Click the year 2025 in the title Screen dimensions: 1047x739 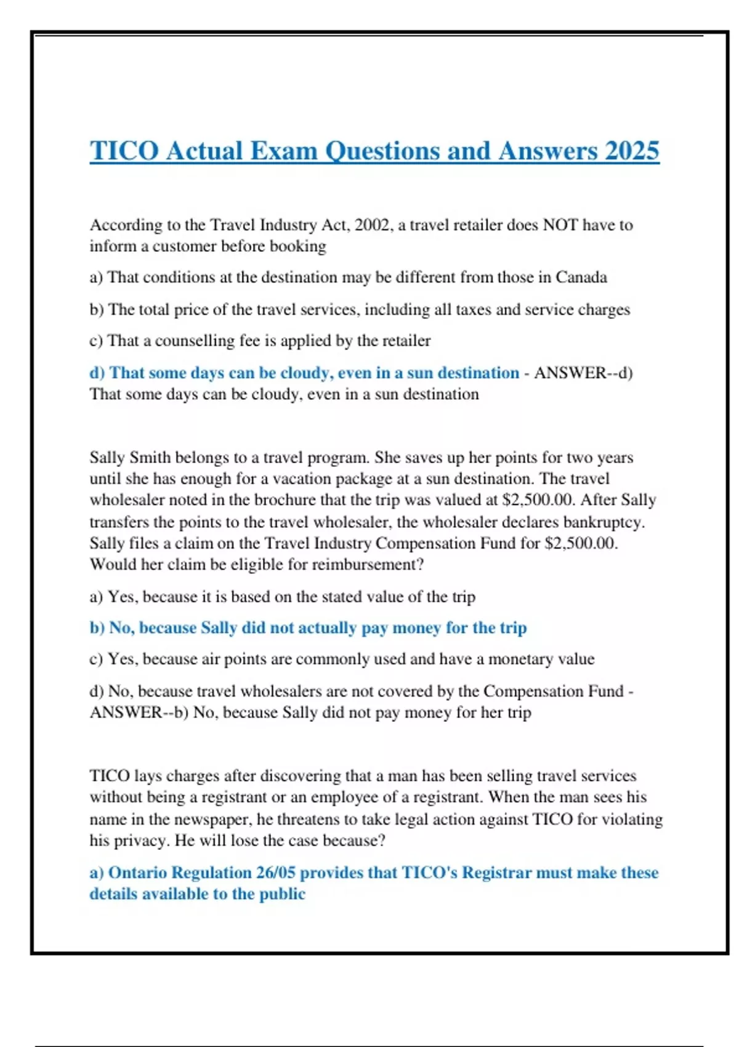tap(632, 151)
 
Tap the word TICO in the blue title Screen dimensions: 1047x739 tap(124, 151)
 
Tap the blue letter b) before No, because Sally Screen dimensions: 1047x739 tap(97, 628)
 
